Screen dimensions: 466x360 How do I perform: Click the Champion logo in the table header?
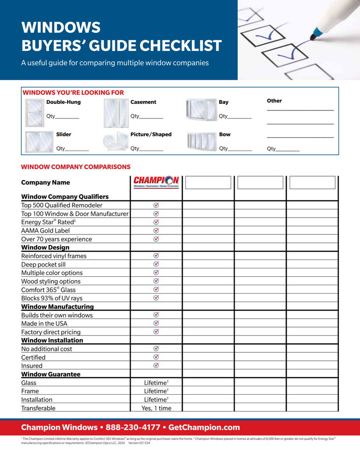[156, 182]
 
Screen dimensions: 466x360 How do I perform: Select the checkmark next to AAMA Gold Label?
[156, 230]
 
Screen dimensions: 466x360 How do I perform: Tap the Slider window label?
[64, 135]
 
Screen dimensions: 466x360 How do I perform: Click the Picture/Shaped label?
[151, 135]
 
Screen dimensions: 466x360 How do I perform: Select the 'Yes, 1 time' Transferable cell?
[156, 408]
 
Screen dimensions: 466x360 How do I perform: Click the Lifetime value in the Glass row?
[156, 383]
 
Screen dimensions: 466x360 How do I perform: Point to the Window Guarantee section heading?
[51, 374]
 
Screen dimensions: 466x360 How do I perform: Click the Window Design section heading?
[45, 247]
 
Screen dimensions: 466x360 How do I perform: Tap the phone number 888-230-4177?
[133, 427]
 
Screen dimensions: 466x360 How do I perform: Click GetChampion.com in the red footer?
[204, 427]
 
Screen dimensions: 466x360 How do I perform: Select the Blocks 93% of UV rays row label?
[52, 298]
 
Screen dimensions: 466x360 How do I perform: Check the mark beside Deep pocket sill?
[156, 264]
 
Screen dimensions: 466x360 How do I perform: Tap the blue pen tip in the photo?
[317, 33]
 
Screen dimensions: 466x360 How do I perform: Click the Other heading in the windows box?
[274, 101]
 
